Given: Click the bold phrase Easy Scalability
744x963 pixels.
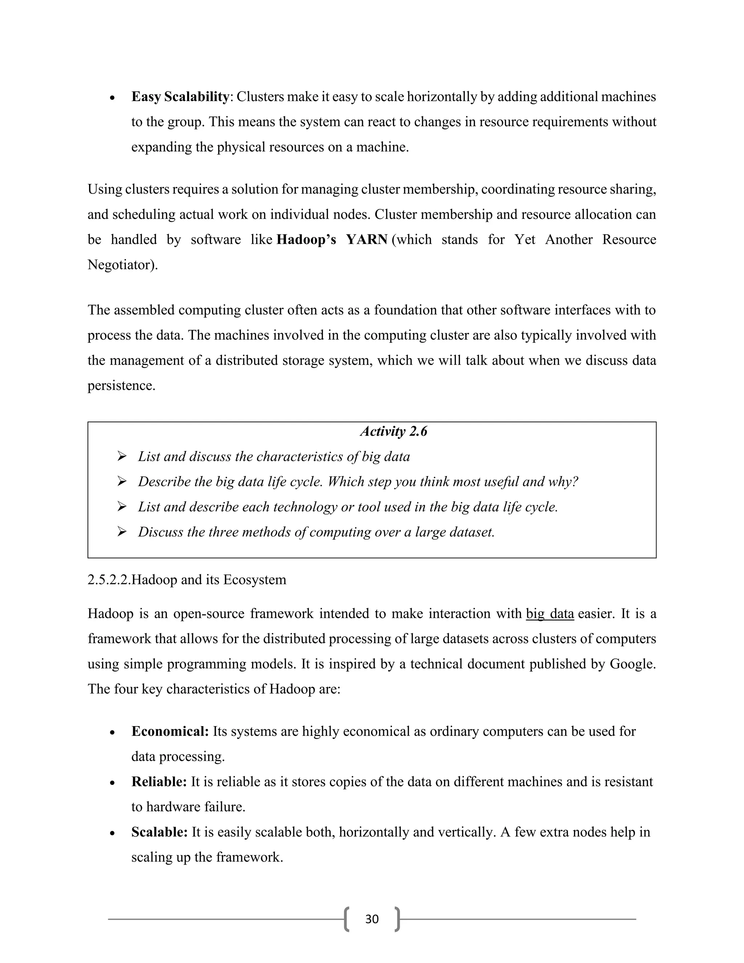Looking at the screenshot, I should pos(180,97).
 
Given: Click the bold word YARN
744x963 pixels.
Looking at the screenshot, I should pos(367,239).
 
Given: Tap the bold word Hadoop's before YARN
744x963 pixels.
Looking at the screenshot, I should pos(306,239).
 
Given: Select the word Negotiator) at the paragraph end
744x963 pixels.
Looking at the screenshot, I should pos(122,265).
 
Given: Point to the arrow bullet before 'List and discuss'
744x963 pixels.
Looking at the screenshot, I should pos(122,456).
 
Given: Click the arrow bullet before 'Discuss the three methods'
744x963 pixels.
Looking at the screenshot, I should pos(122,532).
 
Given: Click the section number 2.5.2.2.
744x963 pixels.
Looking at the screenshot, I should pos(109,579).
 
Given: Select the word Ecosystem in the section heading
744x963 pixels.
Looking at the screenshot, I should pos(255,579).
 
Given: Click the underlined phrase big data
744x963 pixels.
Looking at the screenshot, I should pos(550,614).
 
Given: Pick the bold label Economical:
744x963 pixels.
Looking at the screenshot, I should pos(170,732).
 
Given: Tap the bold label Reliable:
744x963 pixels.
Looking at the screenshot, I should pos(159,782).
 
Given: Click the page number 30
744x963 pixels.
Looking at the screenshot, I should pos(372,919).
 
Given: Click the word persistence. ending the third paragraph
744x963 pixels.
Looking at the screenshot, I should pos(122,386).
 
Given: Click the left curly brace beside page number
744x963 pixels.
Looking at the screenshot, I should pos(347,919).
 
